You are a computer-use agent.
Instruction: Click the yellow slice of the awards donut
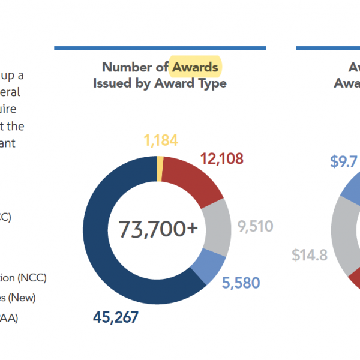tap(160, 167)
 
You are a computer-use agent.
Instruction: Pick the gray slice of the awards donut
tap(217, 226)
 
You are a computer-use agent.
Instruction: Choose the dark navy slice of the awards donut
tap(114, 252)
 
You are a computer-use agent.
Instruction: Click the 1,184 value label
tap(160, 142)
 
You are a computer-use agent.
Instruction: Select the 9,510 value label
tap(255, 227)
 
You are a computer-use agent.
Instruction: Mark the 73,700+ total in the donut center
tap(157, 228)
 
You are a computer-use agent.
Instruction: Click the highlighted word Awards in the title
tap(195, 67)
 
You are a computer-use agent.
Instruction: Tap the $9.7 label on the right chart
tap(344, 162)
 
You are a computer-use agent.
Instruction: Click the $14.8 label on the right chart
tap(310, 254)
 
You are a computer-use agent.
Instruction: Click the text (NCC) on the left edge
tap(32, 278)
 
